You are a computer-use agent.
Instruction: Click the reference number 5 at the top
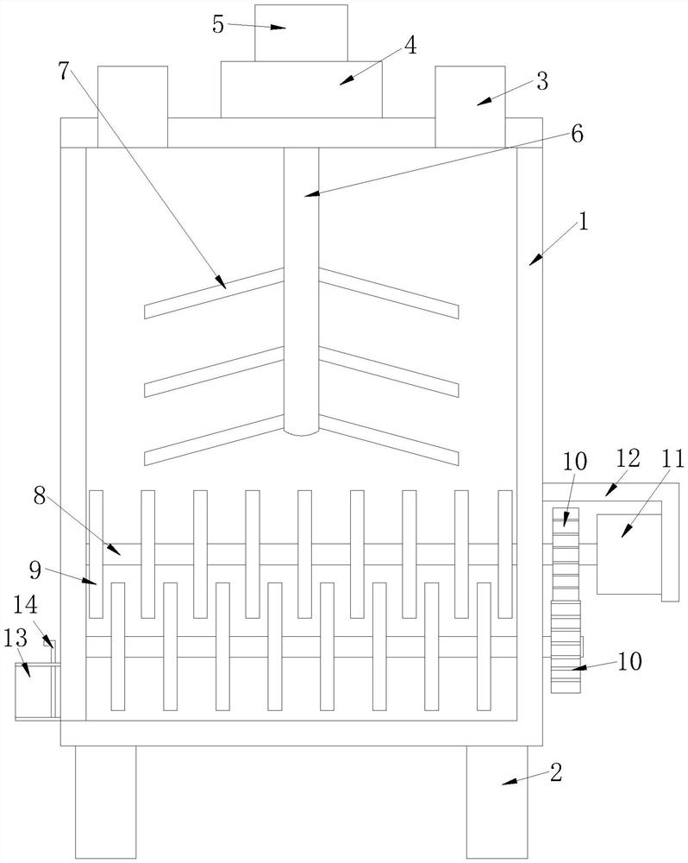[x=218, y=23]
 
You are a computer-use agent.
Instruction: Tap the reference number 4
[x=410, y=46]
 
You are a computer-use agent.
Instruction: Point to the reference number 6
[x=577, y=134]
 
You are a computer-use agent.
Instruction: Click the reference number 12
[x=628, y=458]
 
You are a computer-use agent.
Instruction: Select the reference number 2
[x=556, y=772]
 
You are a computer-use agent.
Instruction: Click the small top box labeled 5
[x=301, y=32]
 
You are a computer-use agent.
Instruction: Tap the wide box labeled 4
[x=301, y=89]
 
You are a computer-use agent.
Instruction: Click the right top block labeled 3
[x=469, y=106]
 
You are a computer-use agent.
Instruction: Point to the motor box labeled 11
[x=629, y=553]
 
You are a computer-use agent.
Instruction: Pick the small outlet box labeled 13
[x=34, y=690]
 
